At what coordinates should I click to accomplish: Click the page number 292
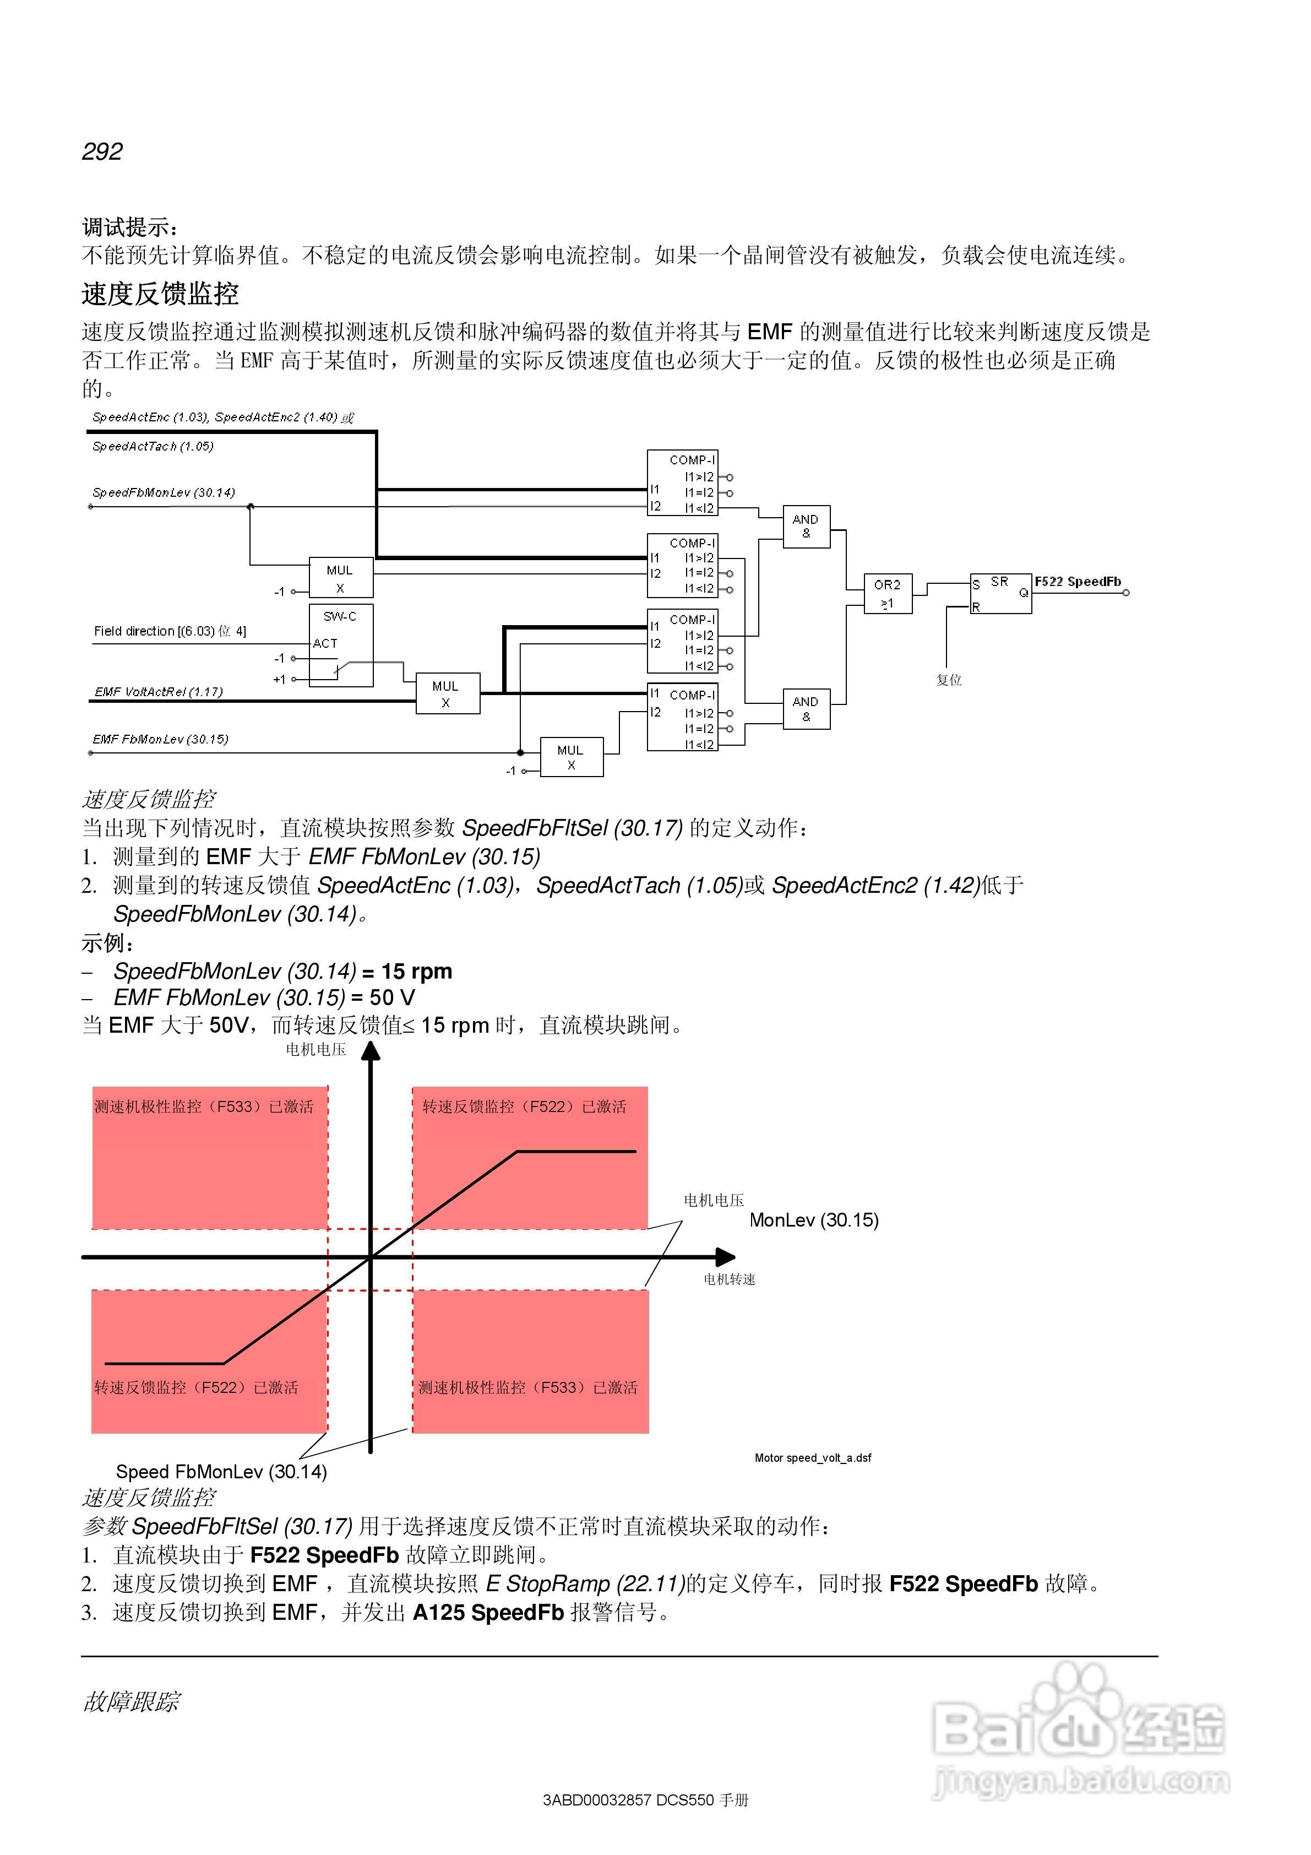point(102,151)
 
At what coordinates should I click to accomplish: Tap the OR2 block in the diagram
point(887,594)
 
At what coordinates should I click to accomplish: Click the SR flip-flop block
point(1000,594)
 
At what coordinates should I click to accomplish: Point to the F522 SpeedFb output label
point(1078,582)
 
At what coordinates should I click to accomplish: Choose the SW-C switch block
point(341,645)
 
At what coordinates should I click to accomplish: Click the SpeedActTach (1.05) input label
point(153,446)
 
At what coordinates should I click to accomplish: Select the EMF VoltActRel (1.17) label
point(159,692)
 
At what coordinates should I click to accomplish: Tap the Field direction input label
point(170,631)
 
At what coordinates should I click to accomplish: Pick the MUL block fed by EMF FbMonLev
point(571,757)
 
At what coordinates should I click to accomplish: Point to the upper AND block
point(806,526)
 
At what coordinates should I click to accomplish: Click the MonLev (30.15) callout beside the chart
point(813,1220)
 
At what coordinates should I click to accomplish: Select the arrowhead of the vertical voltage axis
point(371,1051)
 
